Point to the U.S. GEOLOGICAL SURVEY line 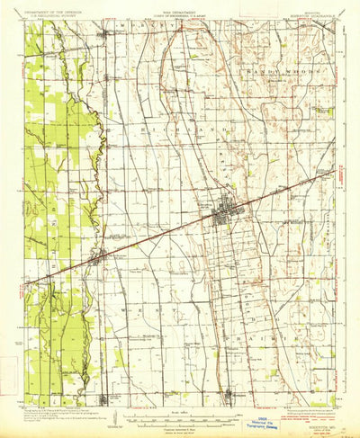[56, 18]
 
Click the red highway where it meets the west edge [26, 285]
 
